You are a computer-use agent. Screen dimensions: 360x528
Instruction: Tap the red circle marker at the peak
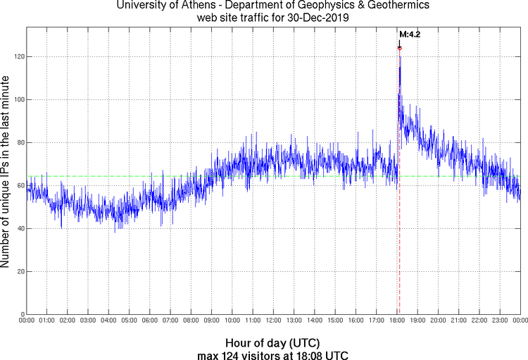399,48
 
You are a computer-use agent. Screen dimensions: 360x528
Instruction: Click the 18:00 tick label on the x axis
396,321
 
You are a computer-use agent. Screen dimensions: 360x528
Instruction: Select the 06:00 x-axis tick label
150,321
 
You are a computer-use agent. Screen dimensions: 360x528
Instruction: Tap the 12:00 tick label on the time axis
273,321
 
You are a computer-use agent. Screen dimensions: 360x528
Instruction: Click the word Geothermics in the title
379,6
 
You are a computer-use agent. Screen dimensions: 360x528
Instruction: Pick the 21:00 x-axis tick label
458,321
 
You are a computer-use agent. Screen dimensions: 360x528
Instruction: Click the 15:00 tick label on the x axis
335,321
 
